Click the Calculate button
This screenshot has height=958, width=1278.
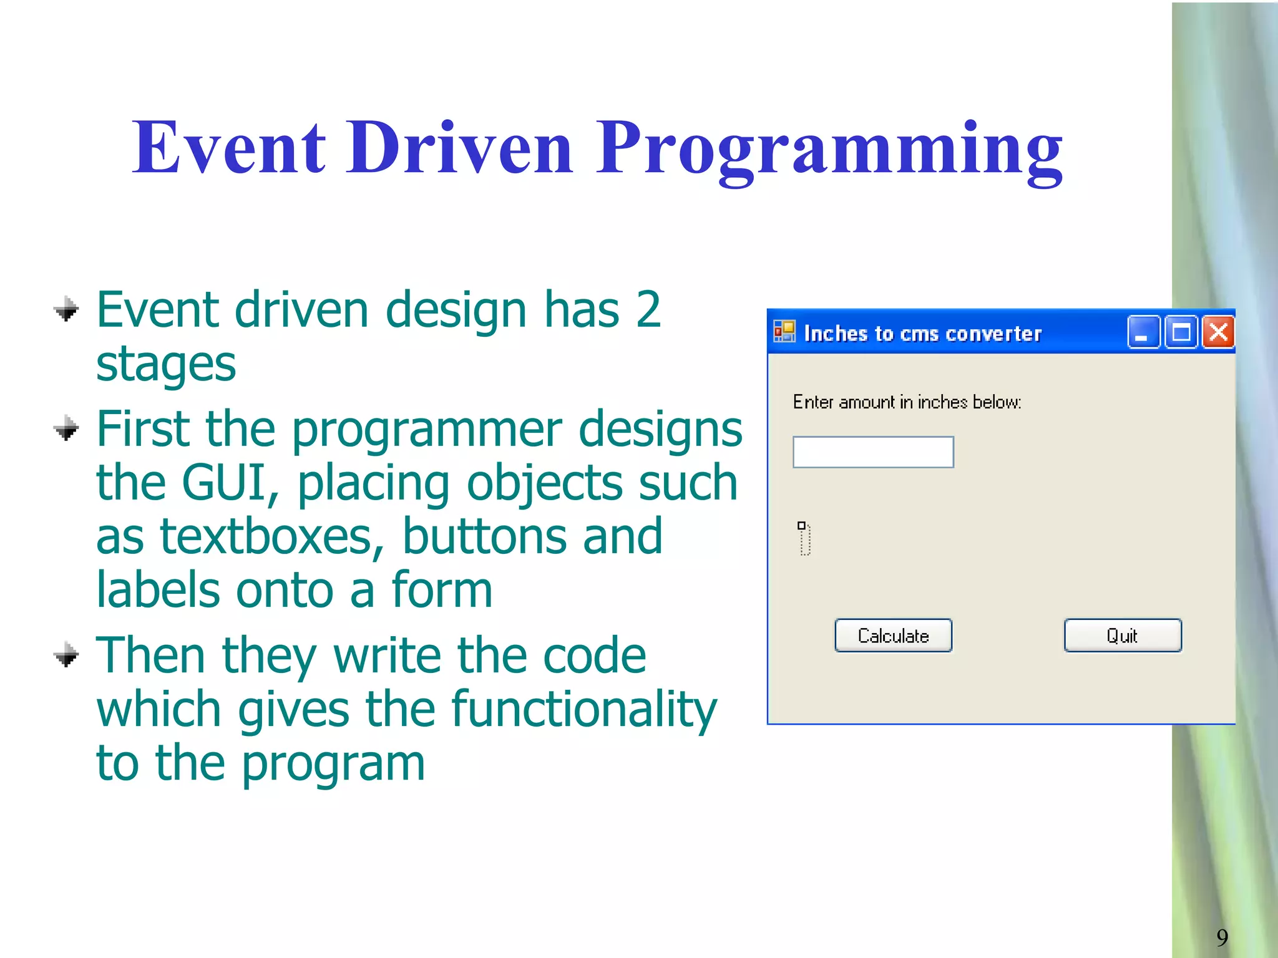(x=893, y=636)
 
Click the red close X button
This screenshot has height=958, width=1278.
(x=1218, y=332)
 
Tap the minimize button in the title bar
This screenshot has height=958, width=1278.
(x=1143, y=332)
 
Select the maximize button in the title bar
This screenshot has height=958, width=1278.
(x=1181, y=332)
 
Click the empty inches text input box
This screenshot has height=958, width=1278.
(x=872, y=452)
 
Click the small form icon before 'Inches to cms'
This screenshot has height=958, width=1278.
(x=784, y=331)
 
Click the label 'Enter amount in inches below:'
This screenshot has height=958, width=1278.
(x=906, y=402)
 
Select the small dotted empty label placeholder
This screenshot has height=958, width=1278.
(x=804, y=538)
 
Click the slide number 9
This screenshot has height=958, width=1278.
(x=1222, y=937)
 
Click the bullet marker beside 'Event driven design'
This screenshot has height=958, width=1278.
(x=66, y=309)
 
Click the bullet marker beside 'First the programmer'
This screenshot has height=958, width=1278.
(x=66, y=429)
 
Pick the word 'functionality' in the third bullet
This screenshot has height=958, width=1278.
(x=583, y=710)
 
